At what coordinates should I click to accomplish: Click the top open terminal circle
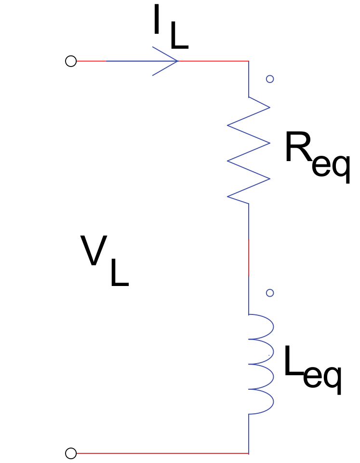point(71,61)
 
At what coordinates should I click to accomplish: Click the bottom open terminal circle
point(71,453)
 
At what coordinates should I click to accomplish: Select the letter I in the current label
point(156,22)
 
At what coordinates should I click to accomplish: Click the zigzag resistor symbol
point(249,150)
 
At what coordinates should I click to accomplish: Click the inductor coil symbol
point(260,364)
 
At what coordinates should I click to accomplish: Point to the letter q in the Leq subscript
point(332,380)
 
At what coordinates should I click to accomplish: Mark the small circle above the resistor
point(270,79)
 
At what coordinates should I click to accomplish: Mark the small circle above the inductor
point(270,293)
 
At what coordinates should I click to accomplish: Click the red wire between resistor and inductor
point(249,257)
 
